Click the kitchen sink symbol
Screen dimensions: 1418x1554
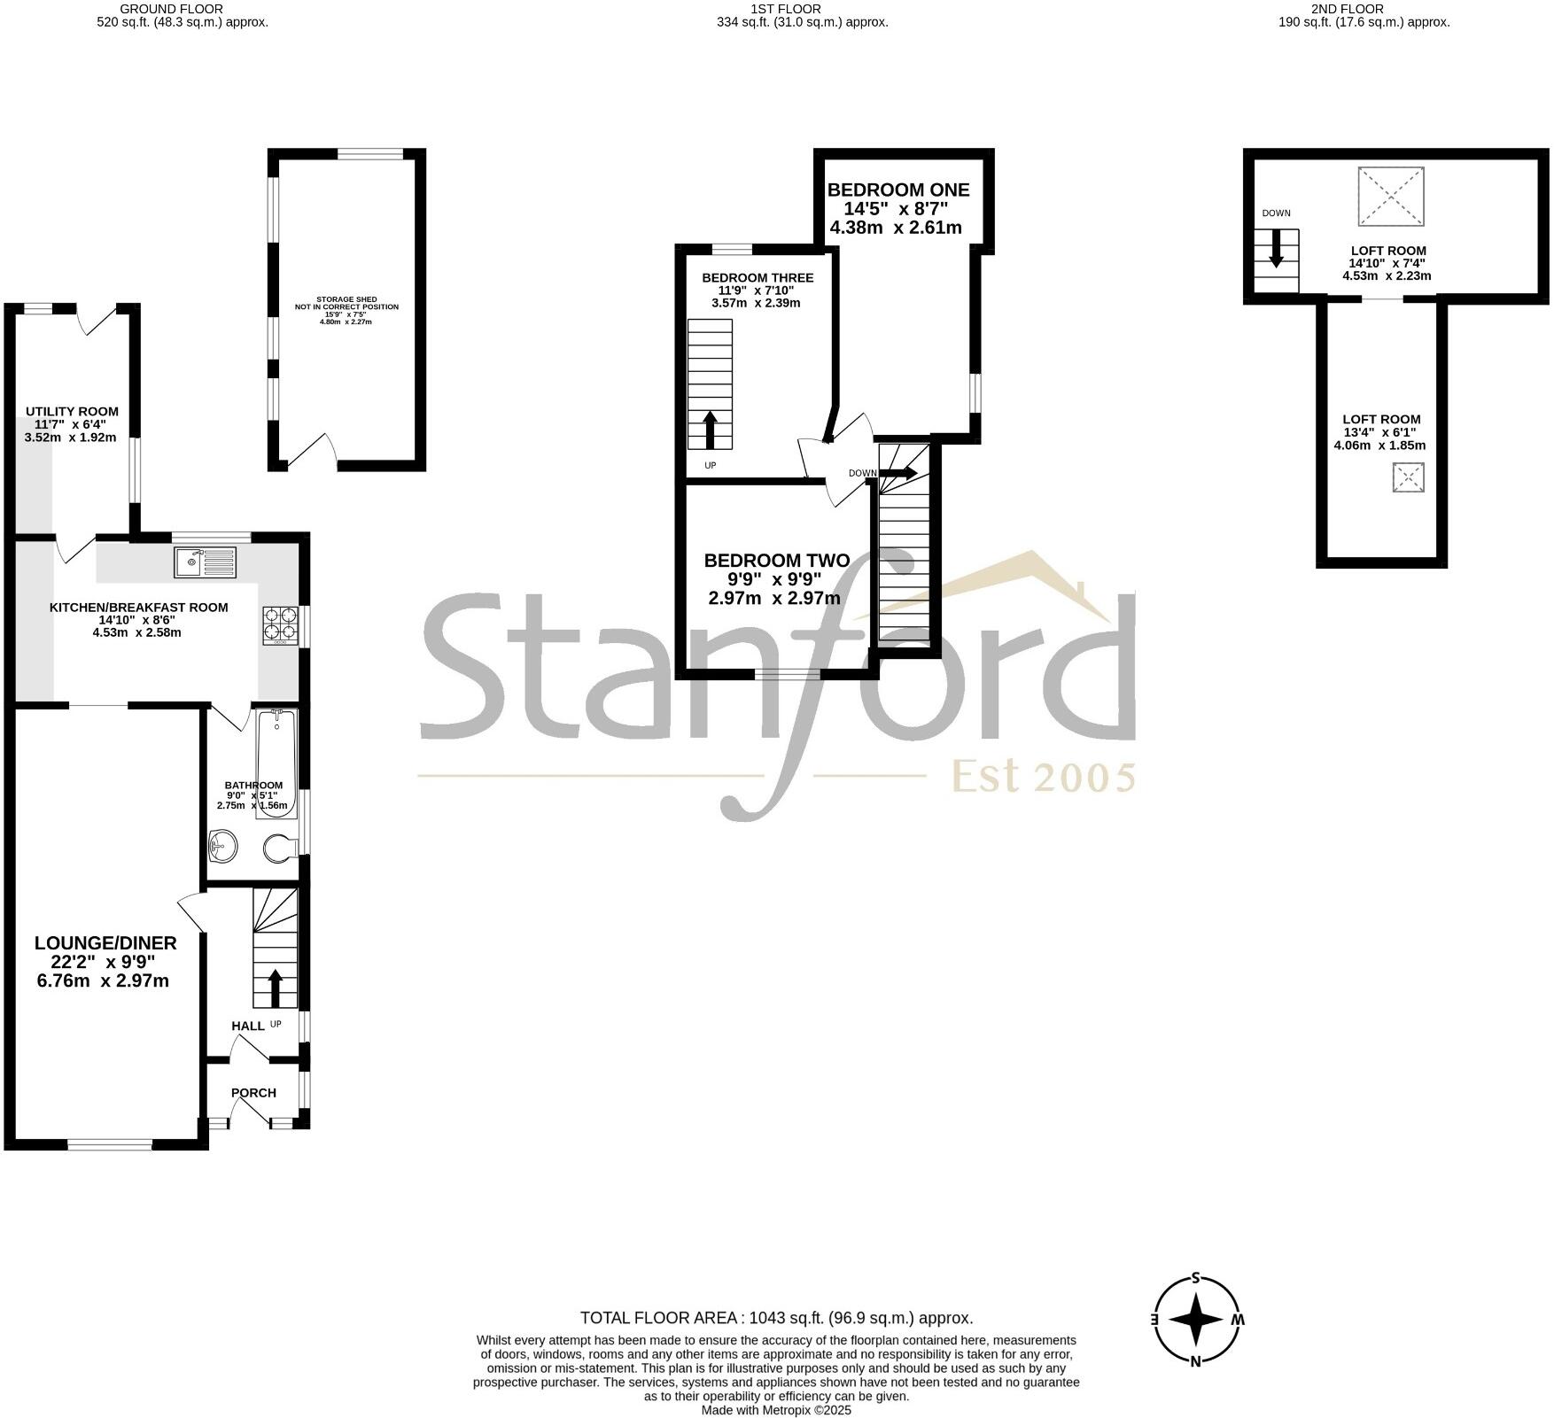[x=206, y=562]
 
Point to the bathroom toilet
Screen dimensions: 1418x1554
[x=280, y=848]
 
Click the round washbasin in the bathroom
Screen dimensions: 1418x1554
[x=223, y=846]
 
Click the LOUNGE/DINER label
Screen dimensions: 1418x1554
[x=105, y=943]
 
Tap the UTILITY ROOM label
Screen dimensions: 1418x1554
[x=72, y=411]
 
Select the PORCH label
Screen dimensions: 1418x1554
[x=253, y=1093]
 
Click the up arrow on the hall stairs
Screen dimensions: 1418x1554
[x=275, y=988]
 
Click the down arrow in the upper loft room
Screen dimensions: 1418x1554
[x=1276, y=249]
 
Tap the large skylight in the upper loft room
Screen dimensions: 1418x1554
[x=1391, y=197]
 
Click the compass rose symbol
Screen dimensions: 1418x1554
[x=1196, y=1320]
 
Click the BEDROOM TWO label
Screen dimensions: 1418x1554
[x=776, y=561]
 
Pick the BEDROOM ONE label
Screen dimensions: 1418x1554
[x=898, y=190]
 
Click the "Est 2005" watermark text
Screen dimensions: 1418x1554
[x=1043, y=778]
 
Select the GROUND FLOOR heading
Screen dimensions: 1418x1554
[x=183, y=9]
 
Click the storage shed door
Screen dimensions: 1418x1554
[x=309, y=450]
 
